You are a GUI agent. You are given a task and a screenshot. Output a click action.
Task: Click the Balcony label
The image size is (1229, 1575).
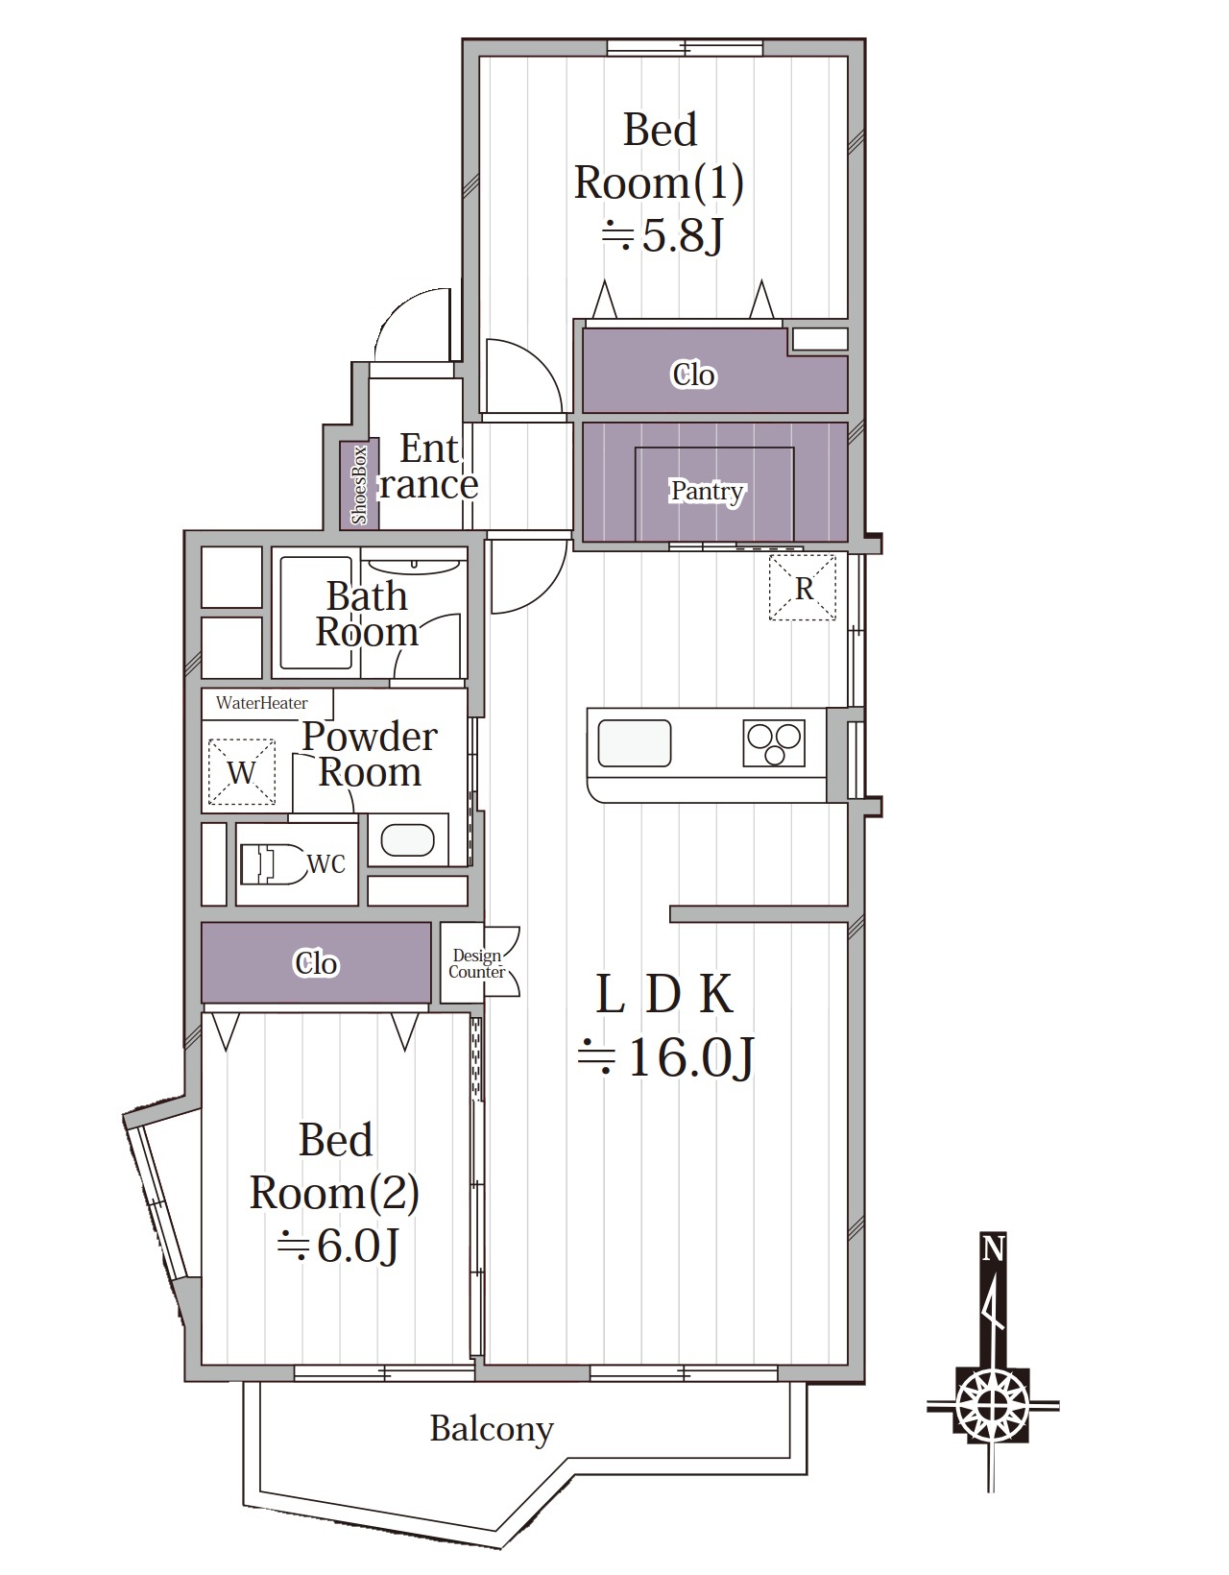pyautogui.click(x=492, y=1429)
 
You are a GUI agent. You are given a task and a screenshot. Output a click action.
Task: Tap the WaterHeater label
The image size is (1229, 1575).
pyautogui.click(x=261, y=702)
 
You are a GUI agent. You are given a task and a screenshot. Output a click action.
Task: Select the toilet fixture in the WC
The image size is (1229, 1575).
pyautogui.click(x=272, y=864)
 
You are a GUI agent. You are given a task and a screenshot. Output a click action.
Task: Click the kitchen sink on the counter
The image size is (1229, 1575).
pyautogui.click(x=634, y=743)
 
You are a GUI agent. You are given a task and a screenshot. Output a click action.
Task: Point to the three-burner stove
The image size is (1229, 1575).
pyautogui.click(x=774, y=742)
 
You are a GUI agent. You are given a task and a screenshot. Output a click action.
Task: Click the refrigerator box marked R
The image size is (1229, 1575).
pyautogui.click(x=802, y=587)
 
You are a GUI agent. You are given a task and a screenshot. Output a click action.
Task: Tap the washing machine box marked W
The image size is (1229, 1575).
pyautogui.click(x=241, y=772)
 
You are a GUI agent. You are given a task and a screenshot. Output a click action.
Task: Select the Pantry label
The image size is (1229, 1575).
pyautogui.click(x=707, y=491)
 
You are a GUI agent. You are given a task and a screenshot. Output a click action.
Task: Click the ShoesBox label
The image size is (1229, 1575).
pyautogui.click(x=359, y=484)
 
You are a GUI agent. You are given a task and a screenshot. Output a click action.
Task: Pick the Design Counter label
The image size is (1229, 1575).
pyautogui.click(x=476, y=964)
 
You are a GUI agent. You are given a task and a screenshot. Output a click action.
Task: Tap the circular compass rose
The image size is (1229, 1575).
pyautogui.click(x=992, y=1405)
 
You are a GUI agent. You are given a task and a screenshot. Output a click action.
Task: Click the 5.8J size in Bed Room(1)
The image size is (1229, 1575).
pyautogui.click(x=663, y=235)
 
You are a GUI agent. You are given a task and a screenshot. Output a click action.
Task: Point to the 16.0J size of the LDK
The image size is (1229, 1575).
pyautogui.click(x=666, y=1057)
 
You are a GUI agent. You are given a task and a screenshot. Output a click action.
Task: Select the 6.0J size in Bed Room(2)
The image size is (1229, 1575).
pyautogui.click(x=338, y=1246)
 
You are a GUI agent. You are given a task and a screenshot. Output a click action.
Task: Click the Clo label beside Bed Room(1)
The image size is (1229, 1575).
pyautogui.click(x=693, y=375)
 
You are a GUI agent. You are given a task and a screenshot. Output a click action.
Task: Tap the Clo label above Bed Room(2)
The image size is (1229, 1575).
pyautogui.click(x=316, y=963)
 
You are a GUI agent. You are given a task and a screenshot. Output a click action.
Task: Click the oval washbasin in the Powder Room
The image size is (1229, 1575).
pyautogui.click(x=407, y=840)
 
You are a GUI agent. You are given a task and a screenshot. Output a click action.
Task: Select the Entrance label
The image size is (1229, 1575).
pyautogui.click(x=428, y=467)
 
